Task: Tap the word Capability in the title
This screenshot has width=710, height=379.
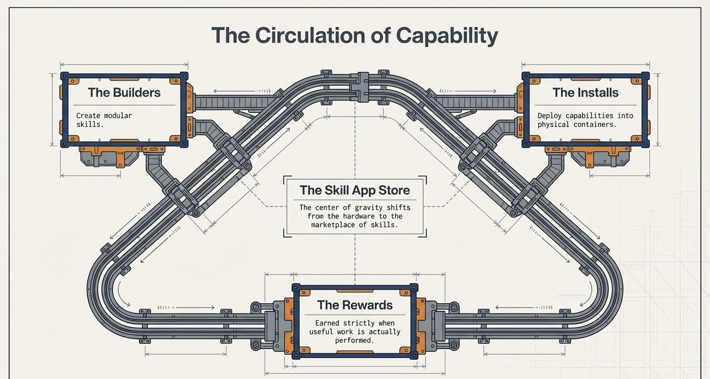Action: (x=447, y=35)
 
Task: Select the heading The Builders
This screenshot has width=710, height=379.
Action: (x=124, y=93)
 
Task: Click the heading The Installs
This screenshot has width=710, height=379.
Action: (x=585, y=93)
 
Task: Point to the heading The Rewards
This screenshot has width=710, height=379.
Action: (x=354, y=305)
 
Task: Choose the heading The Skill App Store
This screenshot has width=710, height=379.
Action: (x=354, y=190)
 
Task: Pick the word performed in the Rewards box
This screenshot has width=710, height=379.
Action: (x=354, y=340)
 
